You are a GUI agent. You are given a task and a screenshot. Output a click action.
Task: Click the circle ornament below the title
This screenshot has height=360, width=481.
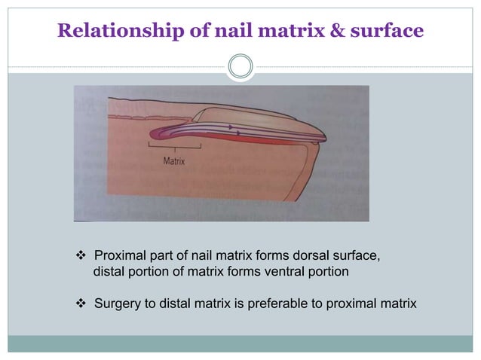tap(240, 66)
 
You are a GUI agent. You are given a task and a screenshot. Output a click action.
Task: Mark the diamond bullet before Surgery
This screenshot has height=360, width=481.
tap(81, 304)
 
